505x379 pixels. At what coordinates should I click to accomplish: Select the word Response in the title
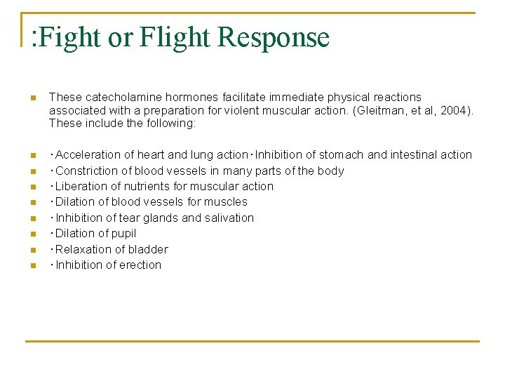[274, 37]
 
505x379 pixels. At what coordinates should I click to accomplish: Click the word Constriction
[86, 171]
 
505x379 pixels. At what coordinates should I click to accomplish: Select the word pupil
[123, 233]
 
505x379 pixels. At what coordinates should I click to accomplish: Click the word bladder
[149, 249]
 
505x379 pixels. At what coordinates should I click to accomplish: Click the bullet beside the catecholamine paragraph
[32, 98]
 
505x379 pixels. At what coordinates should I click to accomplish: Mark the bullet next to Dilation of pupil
[32, 234]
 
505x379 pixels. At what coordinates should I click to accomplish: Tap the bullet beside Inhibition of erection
[32, 265]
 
